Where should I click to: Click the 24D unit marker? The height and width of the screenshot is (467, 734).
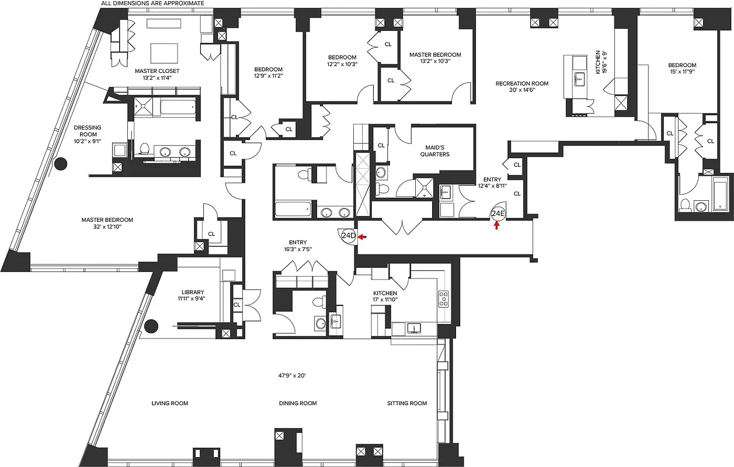tap(348, 236)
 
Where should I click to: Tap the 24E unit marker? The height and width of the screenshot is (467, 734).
tap(497, 214)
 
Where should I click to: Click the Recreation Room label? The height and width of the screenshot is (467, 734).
tap(521, 83)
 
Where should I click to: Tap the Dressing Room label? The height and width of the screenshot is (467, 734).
tap(87, 127)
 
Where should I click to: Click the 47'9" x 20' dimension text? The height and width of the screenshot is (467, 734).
tap(293, 375)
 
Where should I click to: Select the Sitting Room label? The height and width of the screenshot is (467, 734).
tap(407, 403)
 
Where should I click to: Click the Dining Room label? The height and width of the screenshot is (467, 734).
tap(297, 403)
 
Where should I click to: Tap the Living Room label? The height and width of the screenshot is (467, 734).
tap(170, 403)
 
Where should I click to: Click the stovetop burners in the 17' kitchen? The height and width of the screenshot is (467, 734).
tap(444, 299)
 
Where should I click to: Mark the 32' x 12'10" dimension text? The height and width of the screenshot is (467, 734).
tap(107, 226)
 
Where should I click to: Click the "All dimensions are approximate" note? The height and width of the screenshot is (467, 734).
tap(152, 4)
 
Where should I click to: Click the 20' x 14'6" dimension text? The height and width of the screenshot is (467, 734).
tap(521, 90)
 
